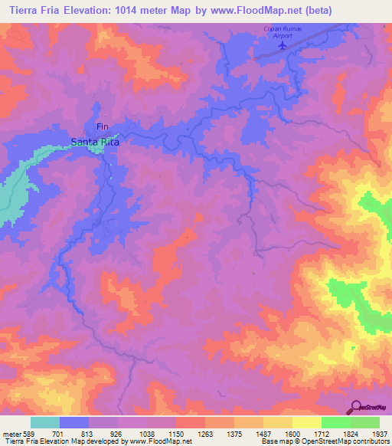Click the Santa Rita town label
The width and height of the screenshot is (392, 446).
tap(95, 142)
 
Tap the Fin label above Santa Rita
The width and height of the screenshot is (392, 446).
tap(102, 126)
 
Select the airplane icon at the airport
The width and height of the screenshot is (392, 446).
tap(283, 44)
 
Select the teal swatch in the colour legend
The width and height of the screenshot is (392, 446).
tap(45, 422)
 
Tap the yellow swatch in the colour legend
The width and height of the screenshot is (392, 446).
tap(306, 422)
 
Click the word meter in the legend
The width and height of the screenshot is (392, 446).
tap(11, 433)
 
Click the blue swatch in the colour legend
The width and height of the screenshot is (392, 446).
tap(74, 422)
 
